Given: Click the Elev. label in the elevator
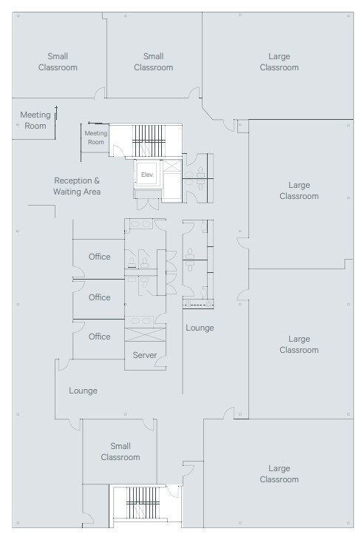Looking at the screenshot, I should pos(147,175).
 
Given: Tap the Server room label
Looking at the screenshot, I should pos(144,355).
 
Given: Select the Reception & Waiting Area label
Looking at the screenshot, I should pos(77,186).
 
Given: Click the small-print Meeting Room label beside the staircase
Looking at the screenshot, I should pos(96,138).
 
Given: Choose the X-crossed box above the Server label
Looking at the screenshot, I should pos(144,334).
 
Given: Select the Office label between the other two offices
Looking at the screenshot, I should pos(99,297).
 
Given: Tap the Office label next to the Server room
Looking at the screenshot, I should pos(99,337).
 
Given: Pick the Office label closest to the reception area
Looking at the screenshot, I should pos(99,257).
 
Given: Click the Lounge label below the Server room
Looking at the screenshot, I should pos(83,391).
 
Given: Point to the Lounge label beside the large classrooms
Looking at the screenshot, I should pos(200,328).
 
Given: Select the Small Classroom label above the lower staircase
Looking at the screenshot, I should pos(120,451).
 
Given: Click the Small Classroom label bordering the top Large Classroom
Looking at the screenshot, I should pos(153,61).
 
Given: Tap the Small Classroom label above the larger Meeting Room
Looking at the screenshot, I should pos(58,61).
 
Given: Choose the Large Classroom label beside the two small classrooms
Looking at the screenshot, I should pos(279,61).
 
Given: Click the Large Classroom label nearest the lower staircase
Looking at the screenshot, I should pos(279,473).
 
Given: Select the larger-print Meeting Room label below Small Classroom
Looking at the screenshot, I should pos(35,120).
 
